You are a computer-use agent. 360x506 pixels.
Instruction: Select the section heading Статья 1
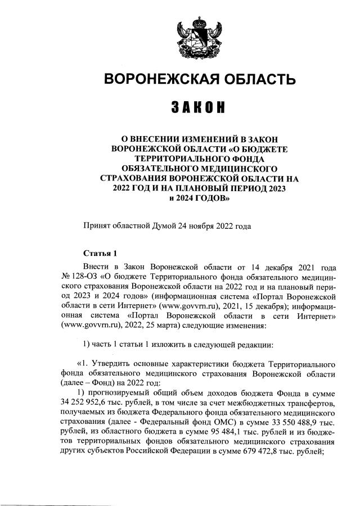coord(99,254)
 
